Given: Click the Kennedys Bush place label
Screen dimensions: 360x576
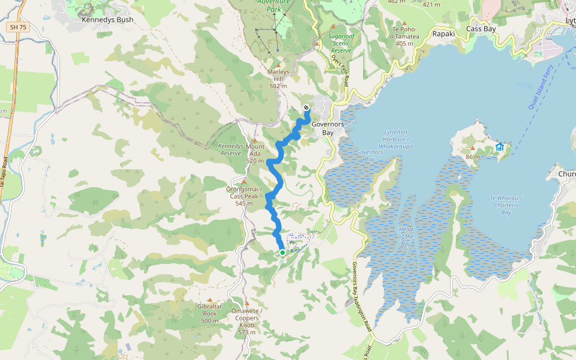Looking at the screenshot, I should pyautogui.click(x=107, y=20).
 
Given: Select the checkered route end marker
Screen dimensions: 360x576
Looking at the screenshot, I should pyautogui.click(x=306, y=108).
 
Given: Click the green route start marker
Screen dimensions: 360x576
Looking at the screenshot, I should pyautogui.click(x=282, y=253).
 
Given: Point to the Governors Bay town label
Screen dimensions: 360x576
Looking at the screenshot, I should pyautogui.click(x=328, y=128).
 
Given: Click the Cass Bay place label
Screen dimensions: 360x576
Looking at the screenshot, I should pyautogui.click(x=481, y=29).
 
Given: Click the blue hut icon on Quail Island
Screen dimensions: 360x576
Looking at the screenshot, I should pyautogui.click(x=499, y=147).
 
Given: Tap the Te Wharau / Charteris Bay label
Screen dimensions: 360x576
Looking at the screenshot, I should pyautogui.click(x=506, y=205).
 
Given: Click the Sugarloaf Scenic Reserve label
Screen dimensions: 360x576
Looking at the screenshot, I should pyautogui.click(x=343, y=43).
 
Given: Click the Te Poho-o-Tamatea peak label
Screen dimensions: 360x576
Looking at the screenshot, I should pyautogui.click(x=404, y=35).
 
